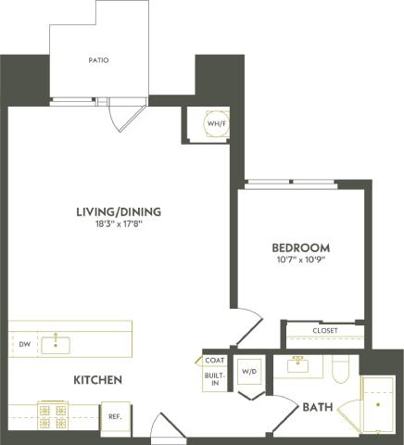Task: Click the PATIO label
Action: tap(98, 60)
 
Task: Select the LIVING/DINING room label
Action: tap(113, 210)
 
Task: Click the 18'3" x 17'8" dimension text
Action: tap(113, 223)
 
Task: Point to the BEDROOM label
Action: tap(300, 248)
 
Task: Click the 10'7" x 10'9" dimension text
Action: tap(300, 261)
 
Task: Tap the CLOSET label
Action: tap(324, 330)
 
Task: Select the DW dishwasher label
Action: tap(24, 344)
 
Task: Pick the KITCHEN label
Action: tap(98, 380)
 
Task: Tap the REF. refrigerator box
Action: tap(116, 416)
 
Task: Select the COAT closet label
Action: tap(215, 361)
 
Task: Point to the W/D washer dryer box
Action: tap(250, 373)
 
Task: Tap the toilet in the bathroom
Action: tap(339, 370)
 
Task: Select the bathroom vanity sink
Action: tap(299, 365)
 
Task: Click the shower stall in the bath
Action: tap(376, 404)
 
